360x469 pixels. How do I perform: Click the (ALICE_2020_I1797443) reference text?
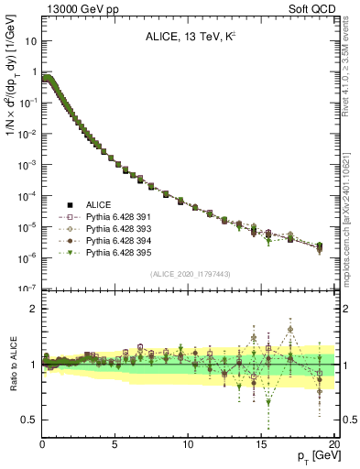(191, 274)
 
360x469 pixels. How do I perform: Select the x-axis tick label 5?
(115, 444)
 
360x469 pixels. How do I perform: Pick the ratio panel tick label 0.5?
(29, 420)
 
